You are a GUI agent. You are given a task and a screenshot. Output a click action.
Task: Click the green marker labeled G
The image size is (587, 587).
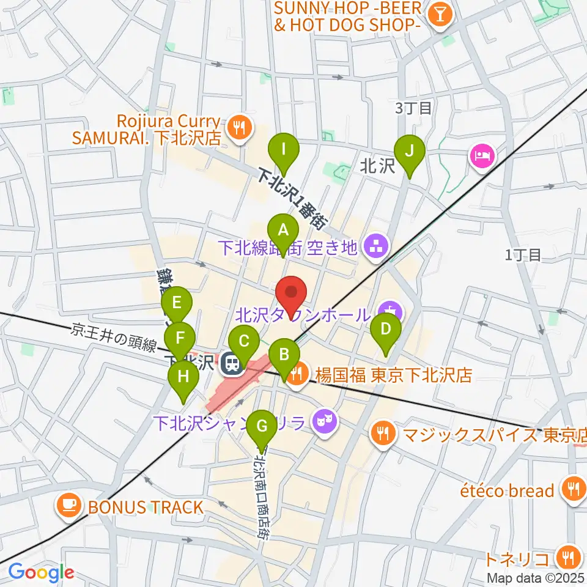(262, 425)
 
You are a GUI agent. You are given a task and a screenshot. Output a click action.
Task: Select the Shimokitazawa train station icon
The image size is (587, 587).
(232, 364)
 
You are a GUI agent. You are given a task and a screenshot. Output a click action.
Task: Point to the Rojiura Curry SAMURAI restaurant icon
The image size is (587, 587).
(239, 128)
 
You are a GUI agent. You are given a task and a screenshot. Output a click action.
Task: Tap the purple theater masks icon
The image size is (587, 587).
(323, 421)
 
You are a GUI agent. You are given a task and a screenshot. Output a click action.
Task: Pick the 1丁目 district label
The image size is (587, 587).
(523, 255)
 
